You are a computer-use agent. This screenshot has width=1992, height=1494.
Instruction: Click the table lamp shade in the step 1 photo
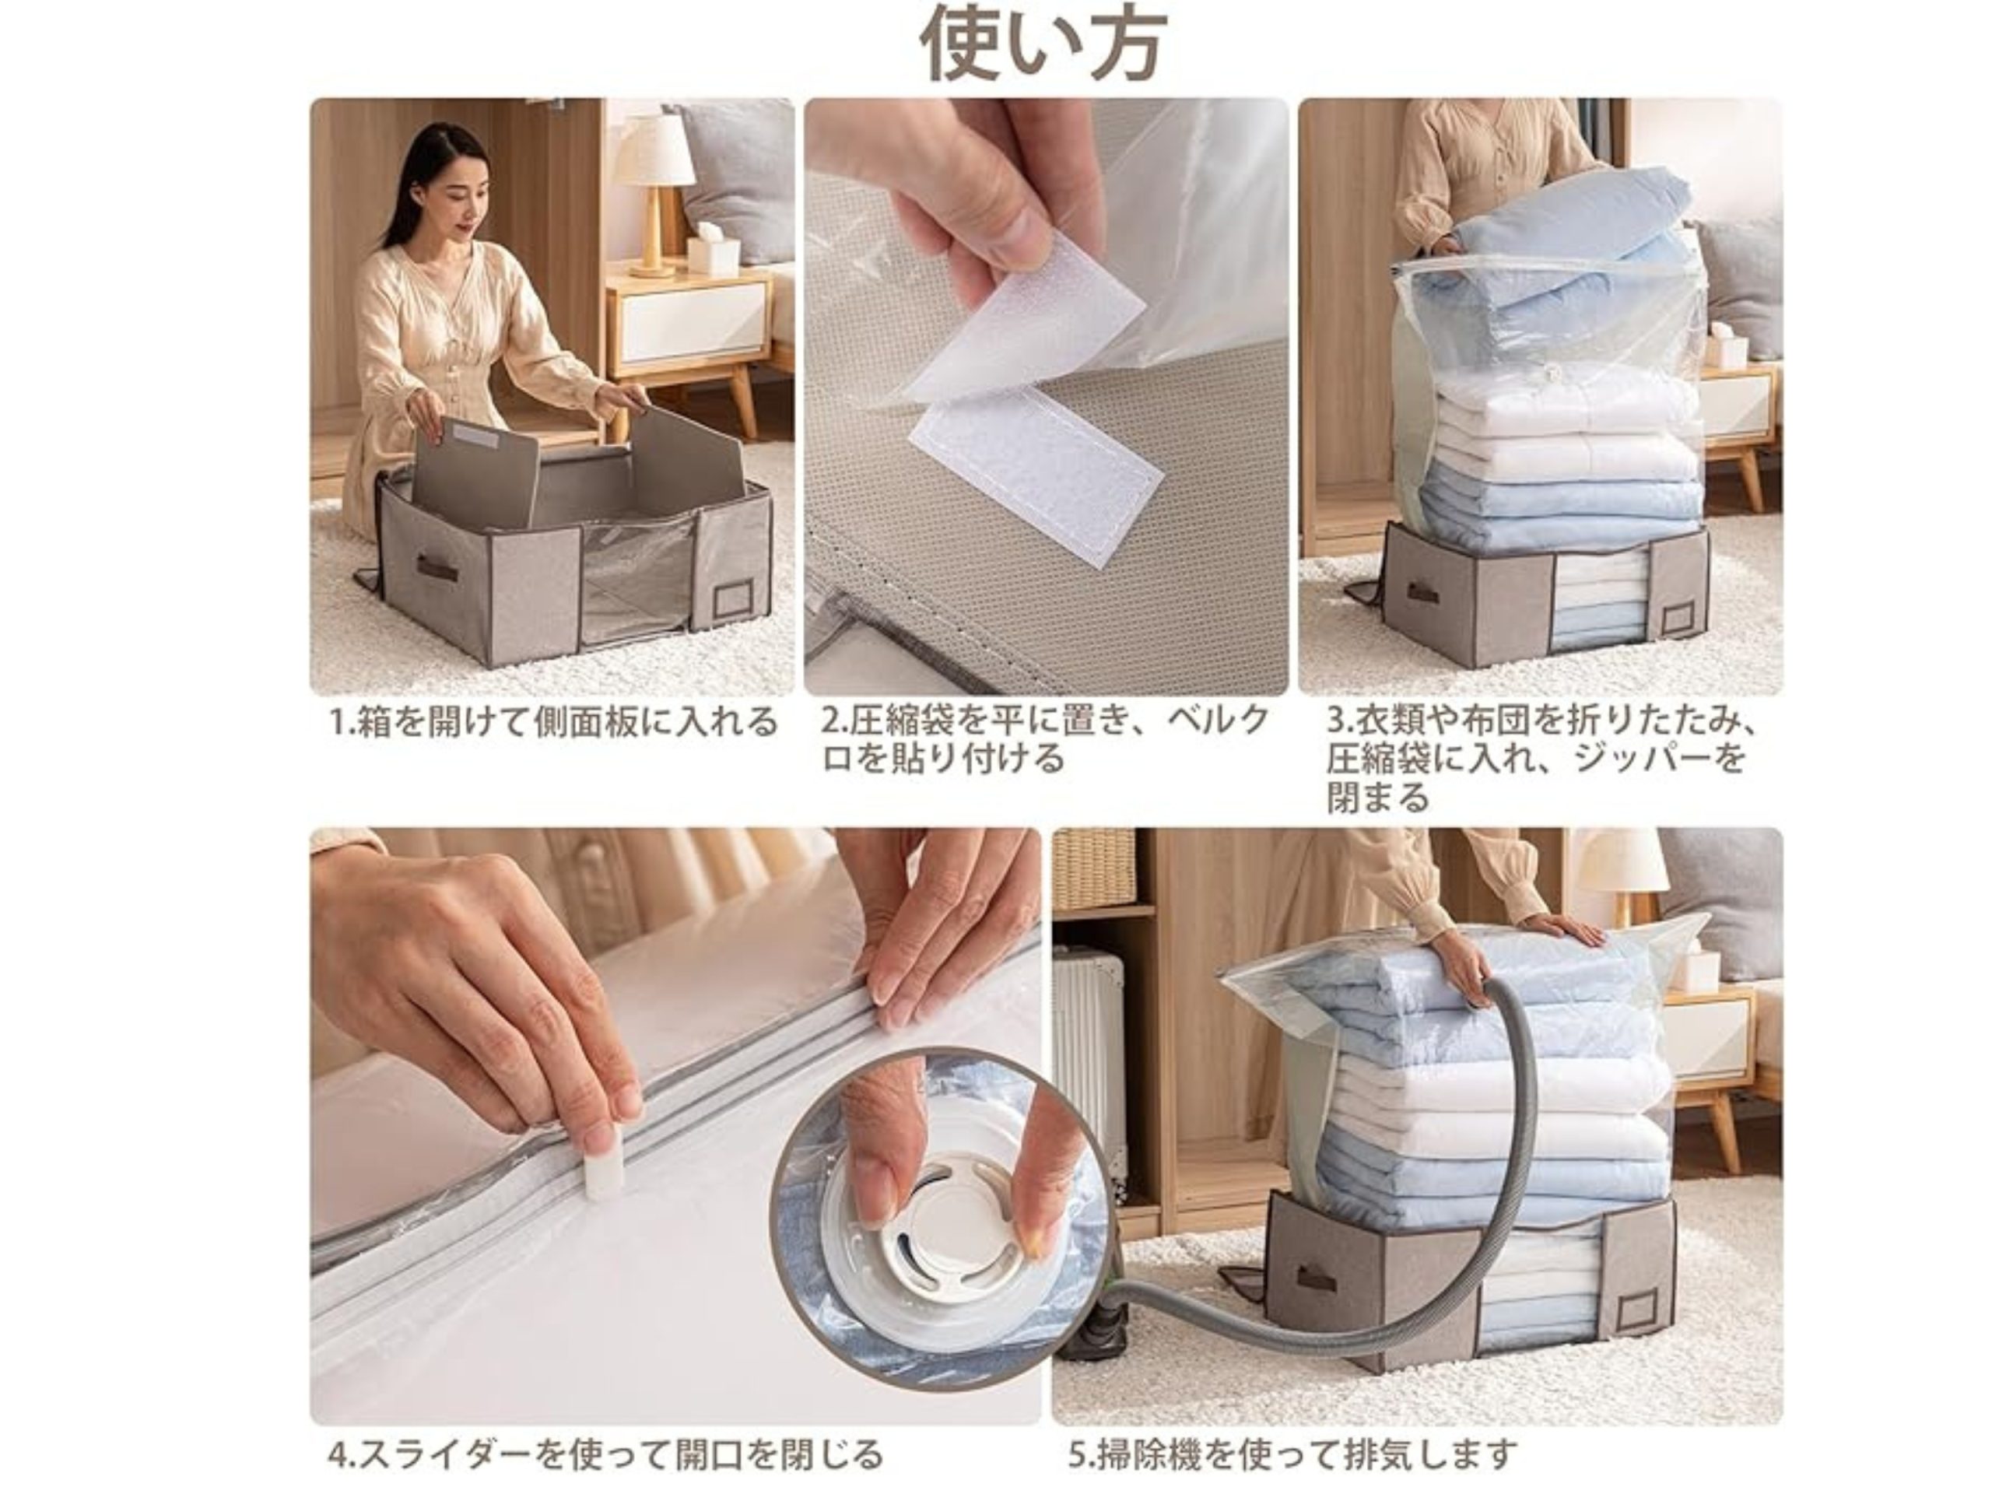(657, 150)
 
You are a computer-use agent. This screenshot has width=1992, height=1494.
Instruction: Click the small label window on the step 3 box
(1677, 619)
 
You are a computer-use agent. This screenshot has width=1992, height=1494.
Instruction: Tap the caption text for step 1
(553, 721)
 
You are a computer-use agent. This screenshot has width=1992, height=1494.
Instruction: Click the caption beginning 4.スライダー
(605, 1454)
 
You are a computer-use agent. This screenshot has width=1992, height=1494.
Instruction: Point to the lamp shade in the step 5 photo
(1619, 863)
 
